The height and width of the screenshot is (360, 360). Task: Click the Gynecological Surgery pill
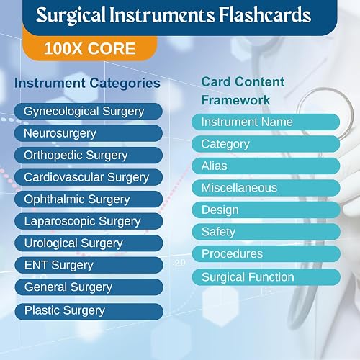tap(89, 112)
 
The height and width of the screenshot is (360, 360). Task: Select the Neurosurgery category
tap(89, 133)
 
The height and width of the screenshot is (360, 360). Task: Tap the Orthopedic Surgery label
tap(89, 156)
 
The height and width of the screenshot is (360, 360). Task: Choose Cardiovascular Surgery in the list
tap(89, 177)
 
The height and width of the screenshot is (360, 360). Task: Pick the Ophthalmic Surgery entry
tap(89, 199)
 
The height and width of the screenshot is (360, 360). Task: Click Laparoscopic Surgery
tap(89, 221)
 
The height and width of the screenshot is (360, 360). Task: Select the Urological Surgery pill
tap(89, 243)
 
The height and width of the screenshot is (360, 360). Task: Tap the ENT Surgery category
tap(89, 265)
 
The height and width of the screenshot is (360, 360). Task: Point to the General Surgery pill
tap(89, 287)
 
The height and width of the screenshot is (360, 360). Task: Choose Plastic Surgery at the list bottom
tap(89, 312)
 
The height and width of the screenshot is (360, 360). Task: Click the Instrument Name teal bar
tap(266, 122)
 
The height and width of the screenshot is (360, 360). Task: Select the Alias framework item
tap(266, 166)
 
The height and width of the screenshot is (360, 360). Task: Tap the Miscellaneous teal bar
tap(266, 188)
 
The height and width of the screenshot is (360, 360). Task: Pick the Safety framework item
tap(266, 232)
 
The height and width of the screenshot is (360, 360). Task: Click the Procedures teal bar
tap(266, 253)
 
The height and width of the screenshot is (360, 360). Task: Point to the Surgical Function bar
tap(266, 277)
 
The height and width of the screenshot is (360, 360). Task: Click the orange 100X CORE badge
tap(90, 48)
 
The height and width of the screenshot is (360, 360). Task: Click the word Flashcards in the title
tap(265, 15)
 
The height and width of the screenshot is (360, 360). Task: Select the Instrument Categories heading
tap(87, 84)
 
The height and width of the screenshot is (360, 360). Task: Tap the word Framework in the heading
tap(235, 100)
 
